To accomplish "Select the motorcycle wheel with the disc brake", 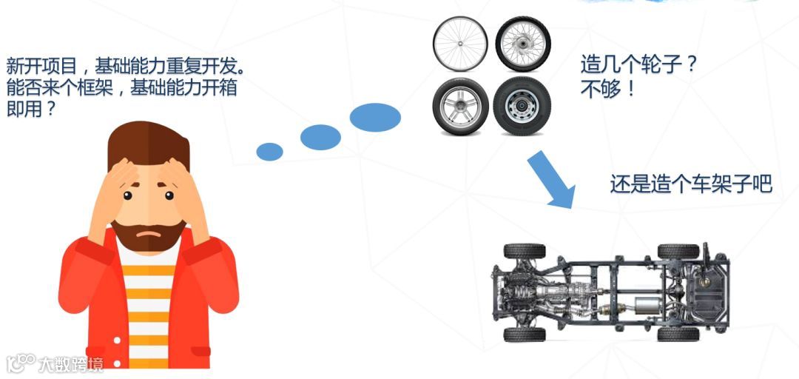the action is (523, 44).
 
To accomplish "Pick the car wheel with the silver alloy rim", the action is (459, 107).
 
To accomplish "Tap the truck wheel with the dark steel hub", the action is (522, 107).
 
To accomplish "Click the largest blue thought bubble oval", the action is (375, 116).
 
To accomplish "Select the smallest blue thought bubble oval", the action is (269, 152).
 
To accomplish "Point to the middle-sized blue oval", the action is (320, 136).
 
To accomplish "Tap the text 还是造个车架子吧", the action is (691, 184).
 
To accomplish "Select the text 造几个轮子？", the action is (639, 66).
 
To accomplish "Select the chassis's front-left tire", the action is (525, 251).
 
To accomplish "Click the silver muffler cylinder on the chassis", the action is (641, 306).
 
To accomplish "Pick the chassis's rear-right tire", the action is (678, 334).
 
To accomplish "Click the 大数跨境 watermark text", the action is (72, 364).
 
